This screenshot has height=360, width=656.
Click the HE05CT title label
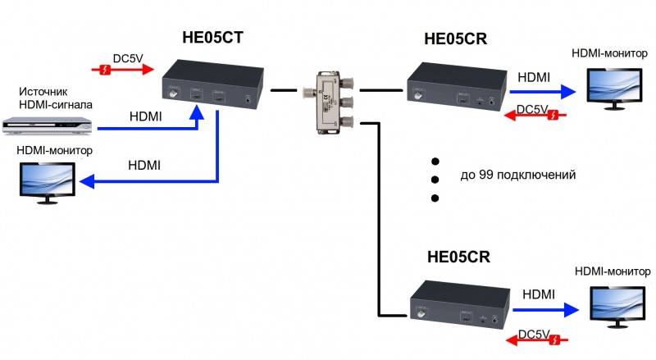point(212,37)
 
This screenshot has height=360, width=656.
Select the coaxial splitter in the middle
point(328,102)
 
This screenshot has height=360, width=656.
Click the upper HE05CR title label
point(456,38)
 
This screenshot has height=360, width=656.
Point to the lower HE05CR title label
point(458,257)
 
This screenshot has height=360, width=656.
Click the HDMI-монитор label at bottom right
point(614,271)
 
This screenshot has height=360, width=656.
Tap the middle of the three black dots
point(435,179)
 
